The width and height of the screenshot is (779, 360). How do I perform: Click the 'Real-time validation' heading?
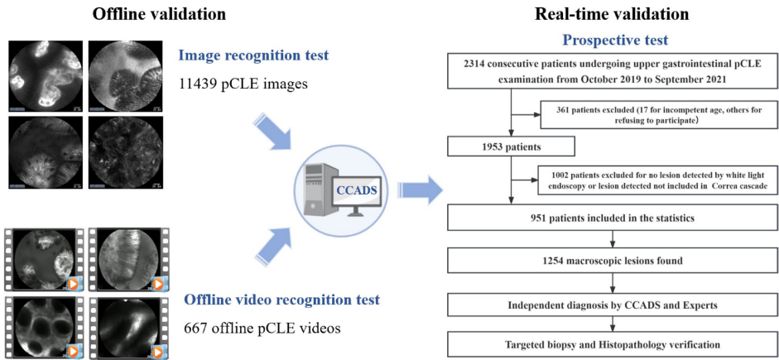(611, 13)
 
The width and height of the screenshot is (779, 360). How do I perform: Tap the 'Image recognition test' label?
(252, 55)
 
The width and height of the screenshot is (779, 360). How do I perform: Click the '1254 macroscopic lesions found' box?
(612, 262)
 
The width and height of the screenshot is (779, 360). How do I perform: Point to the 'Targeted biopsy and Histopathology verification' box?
(612, 343)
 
